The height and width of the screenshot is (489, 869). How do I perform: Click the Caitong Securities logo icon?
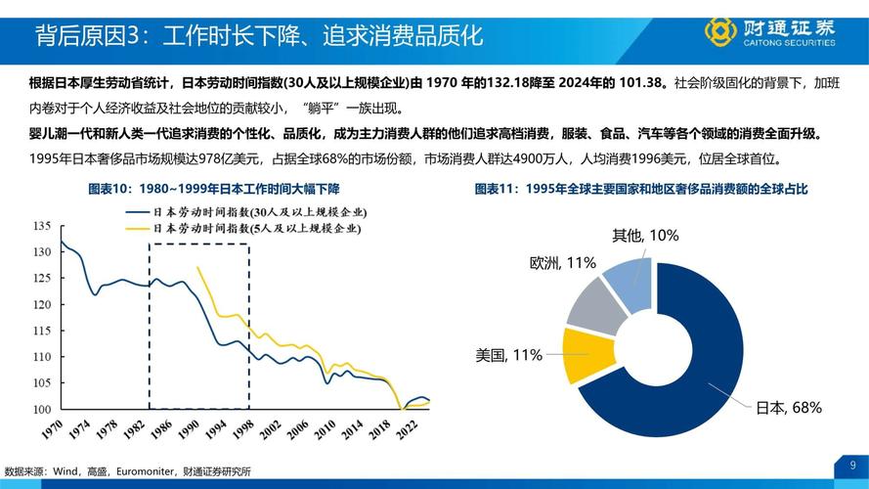tap(720, 31)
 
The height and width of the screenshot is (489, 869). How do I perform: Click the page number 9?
tap(852, 464)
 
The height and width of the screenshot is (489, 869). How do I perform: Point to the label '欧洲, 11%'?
tap(563, 263)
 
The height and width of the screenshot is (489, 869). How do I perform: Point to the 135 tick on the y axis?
tap(41, 226)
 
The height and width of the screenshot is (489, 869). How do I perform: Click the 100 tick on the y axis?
tap(41, 409)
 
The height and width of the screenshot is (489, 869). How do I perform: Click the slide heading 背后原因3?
tap(259, 37)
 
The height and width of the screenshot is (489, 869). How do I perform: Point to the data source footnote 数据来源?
tap(127, 471)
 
